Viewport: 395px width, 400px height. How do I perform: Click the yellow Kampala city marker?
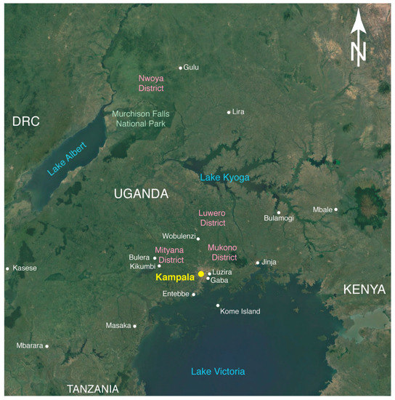[x=201, y=274]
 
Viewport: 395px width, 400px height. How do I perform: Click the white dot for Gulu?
[x=181, y=68]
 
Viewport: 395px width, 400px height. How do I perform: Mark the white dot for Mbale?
[x=336, y=209]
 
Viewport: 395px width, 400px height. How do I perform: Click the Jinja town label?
[x=269, y=263]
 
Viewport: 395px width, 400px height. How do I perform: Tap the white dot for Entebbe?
[x=194, y=295]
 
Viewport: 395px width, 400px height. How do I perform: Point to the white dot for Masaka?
[x=135, y=325]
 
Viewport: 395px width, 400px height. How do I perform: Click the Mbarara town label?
[x=29, y=345]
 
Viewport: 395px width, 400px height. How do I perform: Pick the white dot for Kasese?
[x=7, y=268]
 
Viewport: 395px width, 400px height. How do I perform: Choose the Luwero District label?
[x=213, y=218]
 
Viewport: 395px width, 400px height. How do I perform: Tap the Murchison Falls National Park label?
[x=140, y=118]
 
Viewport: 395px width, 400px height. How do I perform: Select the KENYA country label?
[x=364, y=289]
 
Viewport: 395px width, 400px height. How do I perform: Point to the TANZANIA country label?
[x=92, y=389]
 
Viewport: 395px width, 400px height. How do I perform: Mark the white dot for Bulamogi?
[x=279, y=212]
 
